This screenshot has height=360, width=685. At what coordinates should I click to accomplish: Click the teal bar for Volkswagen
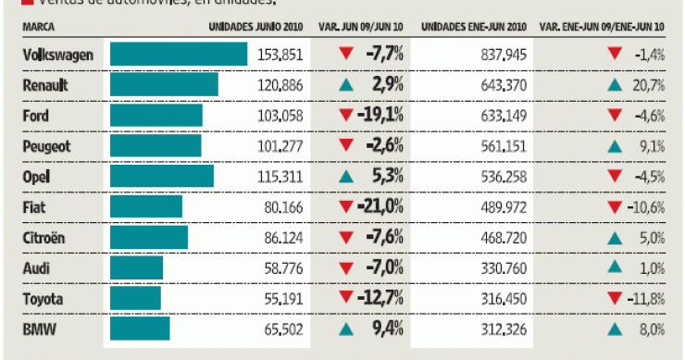click(179, 55)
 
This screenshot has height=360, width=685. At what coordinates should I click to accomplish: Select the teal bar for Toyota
click(135, 298)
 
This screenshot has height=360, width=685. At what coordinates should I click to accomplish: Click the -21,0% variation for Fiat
click(380, 206)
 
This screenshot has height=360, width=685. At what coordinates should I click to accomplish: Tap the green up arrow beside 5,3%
click(345, 176)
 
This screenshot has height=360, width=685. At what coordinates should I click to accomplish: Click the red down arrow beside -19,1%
click(345, 116)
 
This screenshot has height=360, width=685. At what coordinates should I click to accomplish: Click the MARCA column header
click(38, 28)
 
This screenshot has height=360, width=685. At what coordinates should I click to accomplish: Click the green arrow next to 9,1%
click(614, 146)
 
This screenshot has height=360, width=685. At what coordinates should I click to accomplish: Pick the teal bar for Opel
click(162, 176)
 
